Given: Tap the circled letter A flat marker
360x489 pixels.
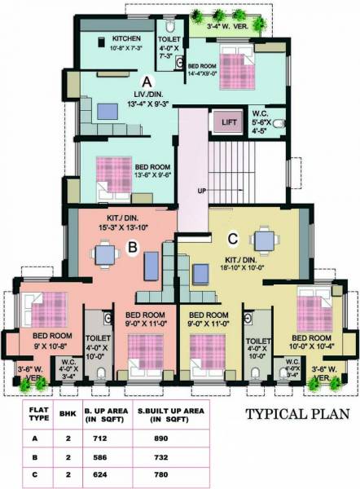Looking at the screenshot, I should click(147, 82).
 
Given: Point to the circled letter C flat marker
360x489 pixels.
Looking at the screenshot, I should click(234, 240).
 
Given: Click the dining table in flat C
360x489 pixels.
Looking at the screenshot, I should click(262, 240).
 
